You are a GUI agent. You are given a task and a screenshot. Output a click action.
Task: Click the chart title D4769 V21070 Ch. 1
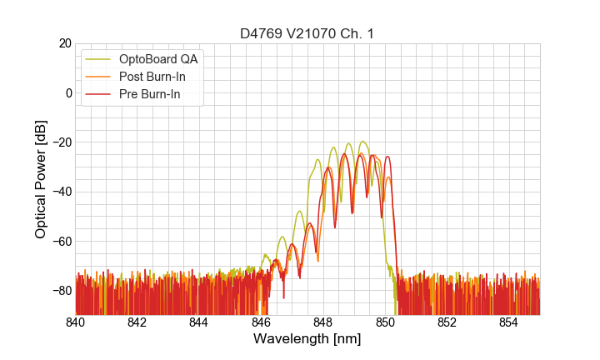pyautogui.click(x=307, y=34)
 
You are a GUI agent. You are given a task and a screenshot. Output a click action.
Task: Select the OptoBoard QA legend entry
pyautogui.click(x=159, y=59)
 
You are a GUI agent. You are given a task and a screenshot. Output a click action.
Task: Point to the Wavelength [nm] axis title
pyautogui.click(x=307, y=339)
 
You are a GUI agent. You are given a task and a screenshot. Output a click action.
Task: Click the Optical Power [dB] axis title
pyautogui.click(x=41, y=179)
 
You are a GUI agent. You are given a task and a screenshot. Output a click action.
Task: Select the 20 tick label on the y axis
pyautogui.click(x=65, y=43)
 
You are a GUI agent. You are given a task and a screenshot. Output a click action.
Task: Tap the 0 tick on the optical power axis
pyautogui.click(x=68, y=92)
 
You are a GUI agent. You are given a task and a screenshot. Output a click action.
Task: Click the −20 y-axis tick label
pyautogui.click(x=60, y=142)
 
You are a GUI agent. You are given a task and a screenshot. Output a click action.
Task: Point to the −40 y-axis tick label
pyautogui.click(x=60, y=192)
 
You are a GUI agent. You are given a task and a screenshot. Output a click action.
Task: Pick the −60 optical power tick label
pyautogui.click(x=60, y=242)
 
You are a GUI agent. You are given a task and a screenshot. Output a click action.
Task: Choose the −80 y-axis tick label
pyautogui.click(x=60, y=291)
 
